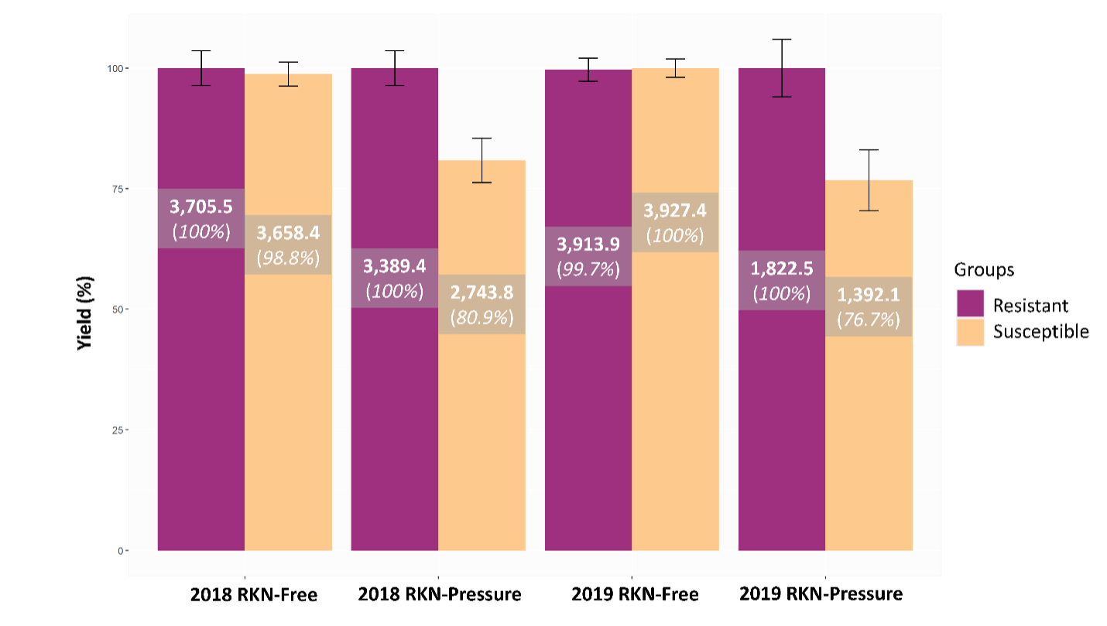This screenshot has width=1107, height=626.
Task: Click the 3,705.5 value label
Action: pos(201,207)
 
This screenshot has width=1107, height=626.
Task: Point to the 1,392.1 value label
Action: pos(869,295)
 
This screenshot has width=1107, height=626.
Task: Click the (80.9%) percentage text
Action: pos(482,317)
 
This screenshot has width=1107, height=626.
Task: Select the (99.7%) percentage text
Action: pos(588,270)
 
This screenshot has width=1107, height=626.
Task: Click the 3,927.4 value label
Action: pos(675,210)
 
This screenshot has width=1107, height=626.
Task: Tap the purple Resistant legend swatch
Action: pos(969,304)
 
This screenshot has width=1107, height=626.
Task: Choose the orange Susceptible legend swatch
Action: pos(969,331)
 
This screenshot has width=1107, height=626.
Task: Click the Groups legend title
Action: pos(984,270)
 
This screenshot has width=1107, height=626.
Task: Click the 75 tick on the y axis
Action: pos(114,189)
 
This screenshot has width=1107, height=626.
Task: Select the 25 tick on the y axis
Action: pos(114,430)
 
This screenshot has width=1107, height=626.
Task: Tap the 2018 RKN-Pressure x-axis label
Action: pos(439,594)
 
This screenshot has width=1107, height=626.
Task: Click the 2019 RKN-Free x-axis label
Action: pos(635,594)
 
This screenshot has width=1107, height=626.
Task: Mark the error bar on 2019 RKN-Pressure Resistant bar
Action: pos(782,68)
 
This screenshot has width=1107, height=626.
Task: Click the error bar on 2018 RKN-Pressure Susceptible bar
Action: pos(482,160)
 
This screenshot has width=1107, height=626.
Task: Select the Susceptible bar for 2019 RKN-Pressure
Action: pos(869,449)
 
